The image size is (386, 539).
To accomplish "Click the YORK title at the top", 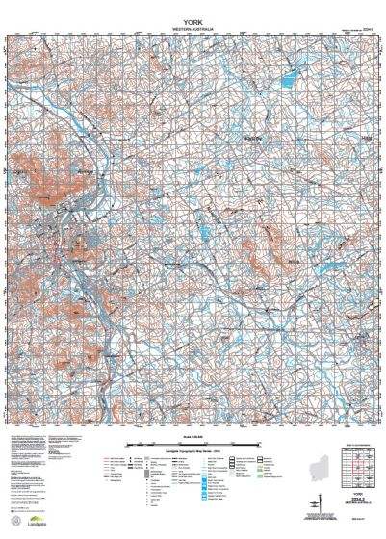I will [193, 20].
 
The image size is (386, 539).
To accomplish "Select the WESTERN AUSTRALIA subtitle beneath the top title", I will [193, 30].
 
